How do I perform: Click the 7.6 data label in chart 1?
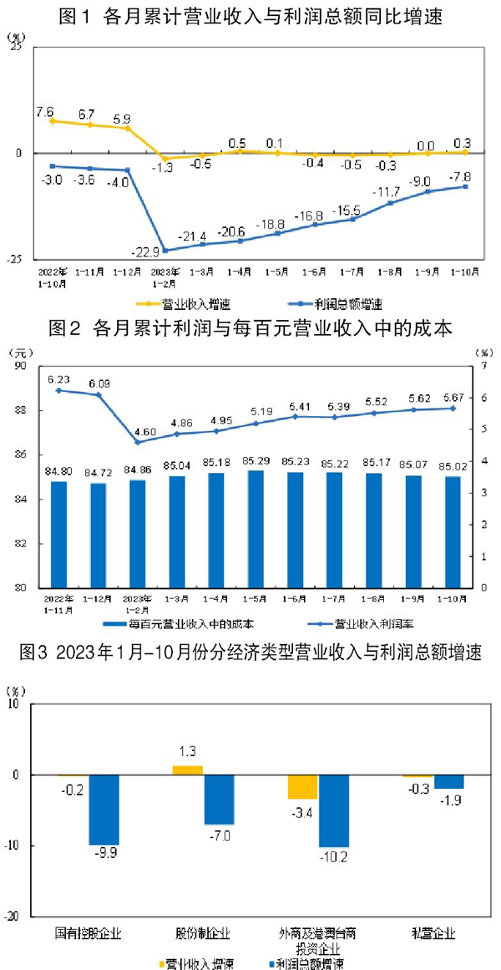pyautogui.click(x=45, y=111)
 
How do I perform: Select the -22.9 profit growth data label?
pyautogui.click(x=145, y=252)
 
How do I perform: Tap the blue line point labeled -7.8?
pyautogui.click(x=465, y=186)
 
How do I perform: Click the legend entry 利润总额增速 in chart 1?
pyautogui.click(x=344, y=304)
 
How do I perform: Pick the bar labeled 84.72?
pyautogui.click(x=98, y=535)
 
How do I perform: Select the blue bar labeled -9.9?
pyautogui.click(x=104, y=810)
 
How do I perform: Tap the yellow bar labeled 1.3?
pyautogui.click(x=187, y=770)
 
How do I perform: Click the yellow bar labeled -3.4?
pyautogui.click(x=302, y=787)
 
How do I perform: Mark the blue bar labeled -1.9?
pyautogui.click(x=448, y=782)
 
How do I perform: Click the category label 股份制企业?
pyautogui.click(x=202, y=932)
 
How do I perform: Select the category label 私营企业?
pyautogui.click(x=433, y=932)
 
